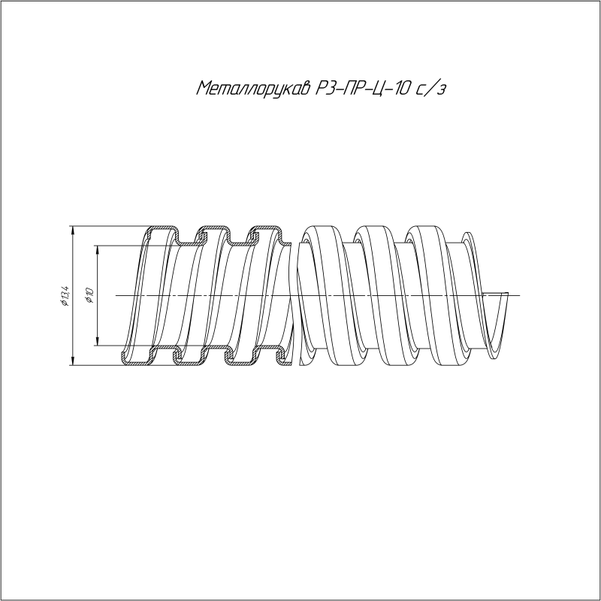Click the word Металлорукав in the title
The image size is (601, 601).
(252, 89)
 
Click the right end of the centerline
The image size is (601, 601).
(518, 295)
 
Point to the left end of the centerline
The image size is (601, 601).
(117, 295)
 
